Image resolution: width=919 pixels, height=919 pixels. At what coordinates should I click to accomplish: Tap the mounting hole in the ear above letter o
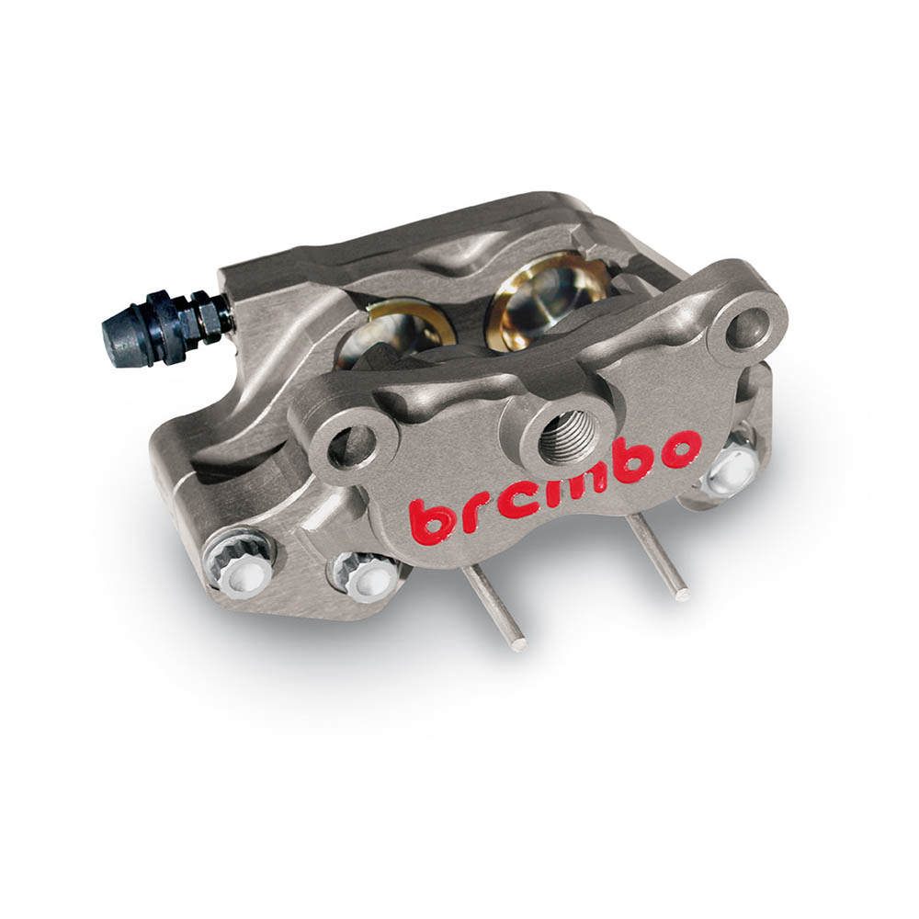[746, 328]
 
